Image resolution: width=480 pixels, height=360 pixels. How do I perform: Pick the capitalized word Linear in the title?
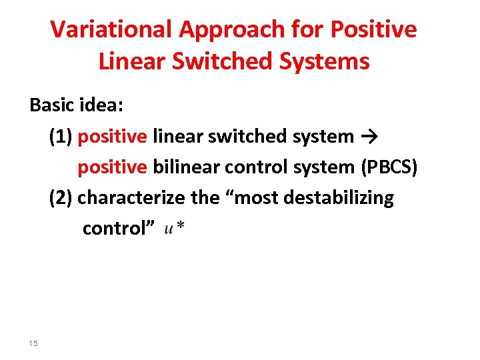pos(131,61)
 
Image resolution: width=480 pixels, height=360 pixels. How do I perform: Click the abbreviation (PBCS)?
pos(389,167)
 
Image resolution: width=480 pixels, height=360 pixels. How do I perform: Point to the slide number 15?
pos(34,343)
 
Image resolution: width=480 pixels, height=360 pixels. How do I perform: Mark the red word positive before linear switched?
pos(112,137)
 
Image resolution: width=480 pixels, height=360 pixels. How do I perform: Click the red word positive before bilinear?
pos(112,167)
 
